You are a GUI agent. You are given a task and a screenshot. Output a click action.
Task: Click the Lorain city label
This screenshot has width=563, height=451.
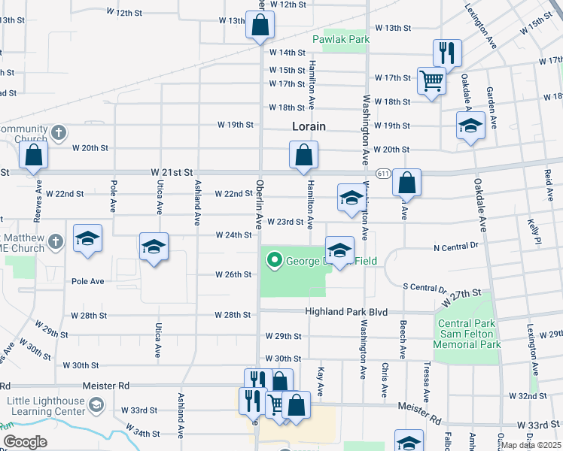pyautogui.click(x=309, y=126)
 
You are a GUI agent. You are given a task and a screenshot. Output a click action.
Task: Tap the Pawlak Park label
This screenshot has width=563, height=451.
pyautogui.click(x=340, y=38)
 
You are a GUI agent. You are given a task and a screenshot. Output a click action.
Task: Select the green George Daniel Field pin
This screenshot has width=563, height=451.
pyautogui.click(x=275, y=261)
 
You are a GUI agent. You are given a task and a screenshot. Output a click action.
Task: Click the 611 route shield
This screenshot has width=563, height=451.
pyautogui.click(x=384, y=173)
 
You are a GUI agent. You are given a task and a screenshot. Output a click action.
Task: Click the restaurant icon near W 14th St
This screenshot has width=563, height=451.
pyautogui.click(x=446, y=53)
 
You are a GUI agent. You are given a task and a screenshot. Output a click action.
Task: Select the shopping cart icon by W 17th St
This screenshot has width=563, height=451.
pyautogui.click(x=431, y=80)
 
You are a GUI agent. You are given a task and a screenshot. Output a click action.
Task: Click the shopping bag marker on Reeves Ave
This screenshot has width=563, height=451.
pyautogui.click(x=34, y=156)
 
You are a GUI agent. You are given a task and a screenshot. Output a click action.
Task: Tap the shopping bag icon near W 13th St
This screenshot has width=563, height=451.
pyautogui.click(x=260, y=25)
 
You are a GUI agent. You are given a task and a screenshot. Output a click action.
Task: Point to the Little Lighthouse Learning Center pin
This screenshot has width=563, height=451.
pyautogui.click(x=96, y=406)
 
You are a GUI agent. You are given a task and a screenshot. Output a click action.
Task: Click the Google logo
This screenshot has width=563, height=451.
pyautogui.click(x=24, y=441)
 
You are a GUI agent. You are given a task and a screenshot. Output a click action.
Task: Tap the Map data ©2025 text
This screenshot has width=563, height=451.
pyautogui.click(x=531, y=445)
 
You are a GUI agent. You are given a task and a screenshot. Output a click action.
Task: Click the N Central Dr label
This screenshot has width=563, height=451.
pyautogui.click(x=456, y=246)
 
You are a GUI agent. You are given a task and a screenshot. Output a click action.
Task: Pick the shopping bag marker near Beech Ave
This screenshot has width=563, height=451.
pyautogui.click(x=406, y=183)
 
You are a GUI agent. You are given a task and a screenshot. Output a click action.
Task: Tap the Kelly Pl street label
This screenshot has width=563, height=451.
pyautogui.click(x=535, y=231)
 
